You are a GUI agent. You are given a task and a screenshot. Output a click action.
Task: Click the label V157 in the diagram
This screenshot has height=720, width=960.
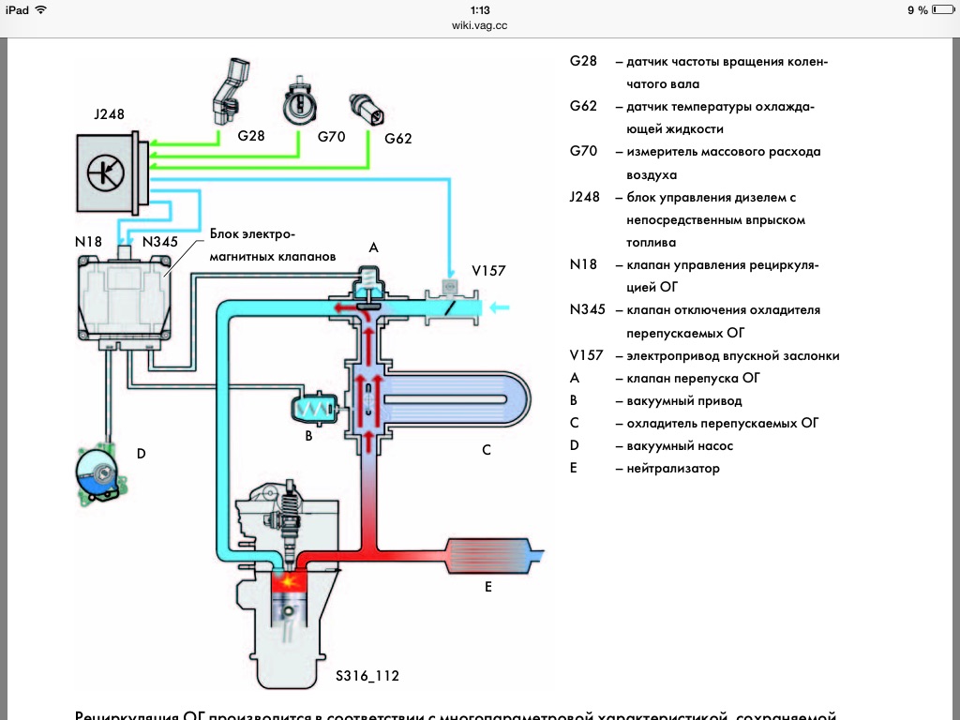[488, 270]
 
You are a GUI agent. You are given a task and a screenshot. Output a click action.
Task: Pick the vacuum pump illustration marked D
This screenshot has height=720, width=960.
[99, 472]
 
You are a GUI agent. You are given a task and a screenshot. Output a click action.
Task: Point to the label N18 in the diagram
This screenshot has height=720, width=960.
[88, 241]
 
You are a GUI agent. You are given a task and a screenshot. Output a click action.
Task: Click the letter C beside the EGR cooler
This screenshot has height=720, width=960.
[487, 450]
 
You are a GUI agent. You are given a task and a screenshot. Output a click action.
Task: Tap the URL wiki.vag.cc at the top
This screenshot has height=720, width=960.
[479, 26]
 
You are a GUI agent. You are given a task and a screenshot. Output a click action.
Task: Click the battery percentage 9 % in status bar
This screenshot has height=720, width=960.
[917, 9]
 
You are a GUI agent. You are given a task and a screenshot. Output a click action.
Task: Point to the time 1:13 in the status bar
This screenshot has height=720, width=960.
[479, 9]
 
